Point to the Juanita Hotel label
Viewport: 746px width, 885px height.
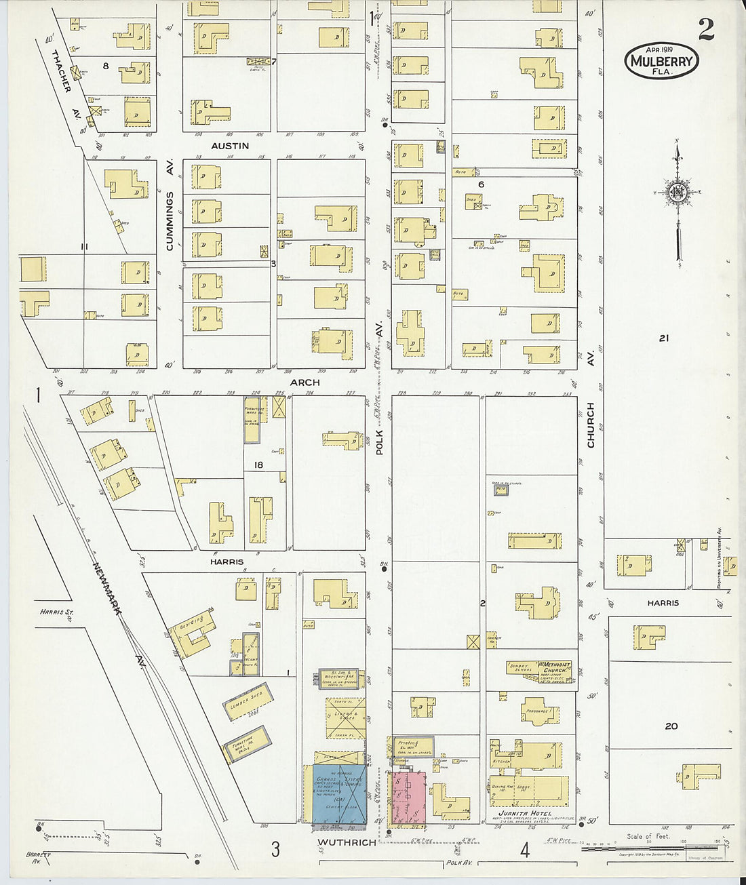click(524, 812)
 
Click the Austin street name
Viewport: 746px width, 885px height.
click(230, 146)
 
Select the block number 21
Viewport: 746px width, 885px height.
click(663, 338)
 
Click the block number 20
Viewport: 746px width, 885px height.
click(671, 726)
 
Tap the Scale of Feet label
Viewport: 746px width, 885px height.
click(648, 835)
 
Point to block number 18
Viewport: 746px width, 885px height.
click(258, 465)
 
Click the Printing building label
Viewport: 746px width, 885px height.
click(408, 744)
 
